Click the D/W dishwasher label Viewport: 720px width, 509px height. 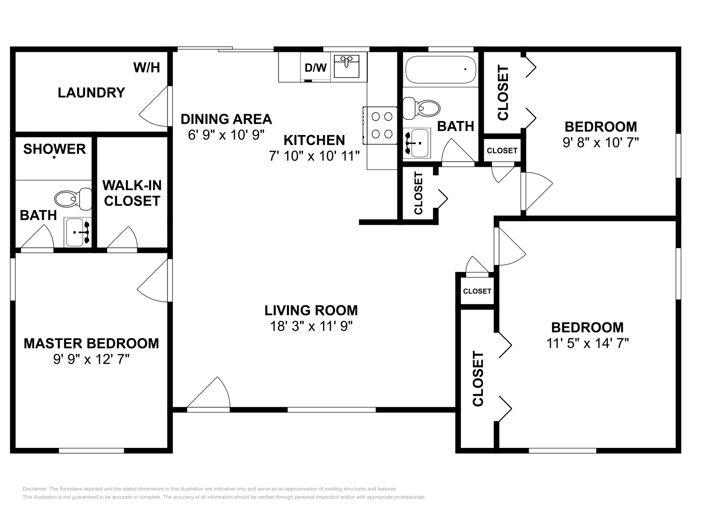[315, 68]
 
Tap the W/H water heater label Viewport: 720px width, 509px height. [147, 68]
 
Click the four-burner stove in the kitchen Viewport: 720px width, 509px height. [381, 125]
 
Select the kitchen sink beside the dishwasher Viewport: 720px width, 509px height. [346, 66]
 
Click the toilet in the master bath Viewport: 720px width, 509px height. [73, 198]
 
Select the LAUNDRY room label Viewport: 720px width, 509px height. [91, 93]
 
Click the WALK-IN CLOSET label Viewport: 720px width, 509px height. [132, 193]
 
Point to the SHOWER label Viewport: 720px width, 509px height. [54, 149]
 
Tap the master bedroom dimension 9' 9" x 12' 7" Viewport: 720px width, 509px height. [91, 359]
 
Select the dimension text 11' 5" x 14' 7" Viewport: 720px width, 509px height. [587, 344]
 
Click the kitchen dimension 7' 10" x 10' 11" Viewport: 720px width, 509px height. [314, 156]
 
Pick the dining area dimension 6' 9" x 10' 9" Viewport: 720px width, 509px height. [226, 134]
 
